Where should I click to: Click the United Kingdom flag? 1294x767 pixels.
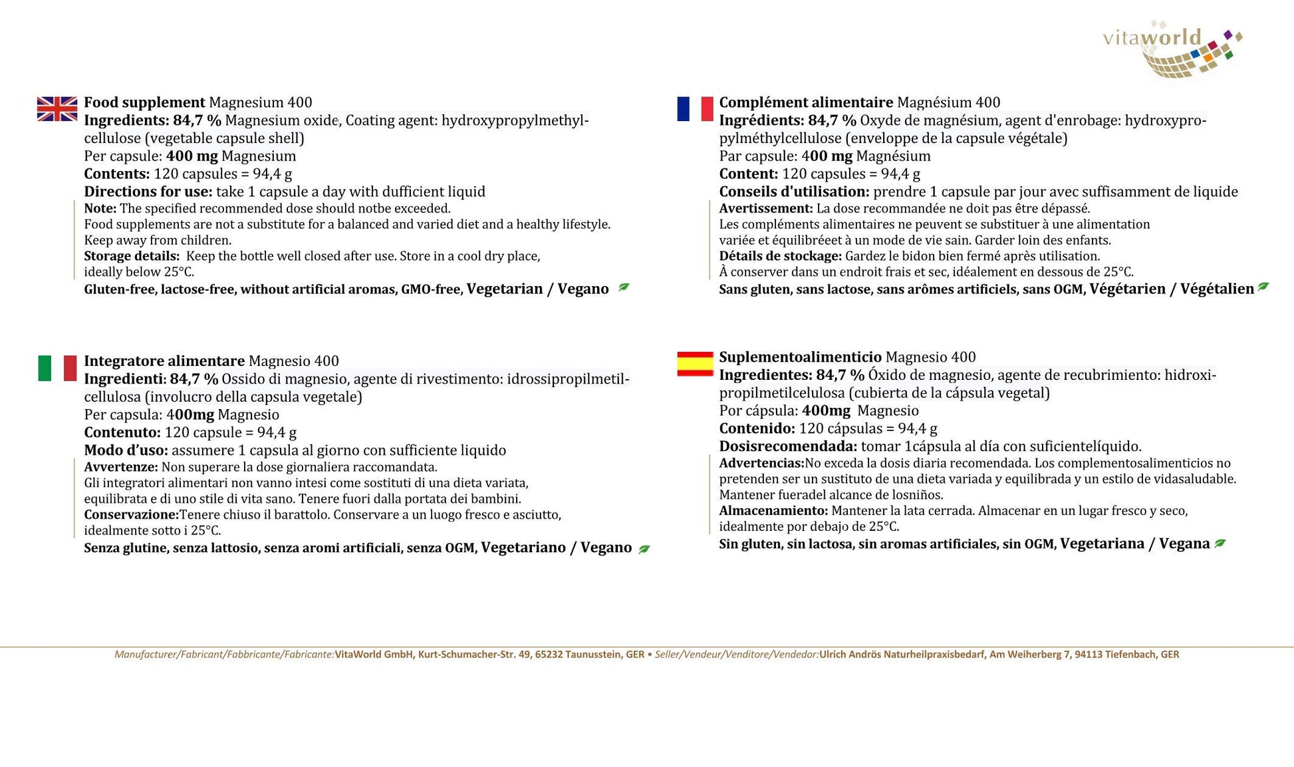tap(57, 108)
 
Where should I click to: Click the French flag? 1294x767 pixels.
tap(695, 108)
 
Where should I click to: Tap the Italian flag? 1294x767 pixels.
tap(57, 368)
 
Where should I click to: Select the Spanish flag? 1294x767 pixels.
tap(695, 364)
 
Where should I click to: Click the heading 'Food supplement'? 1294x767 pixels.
tap(144, 102)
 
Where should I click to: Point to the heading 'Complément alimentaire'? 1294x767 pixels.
tap(805, 102)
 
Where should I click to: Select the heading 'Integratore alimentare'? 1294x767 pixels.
tap(164, 361)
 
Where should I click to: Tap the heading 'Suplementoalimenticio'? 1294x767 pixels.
tap(800, 357)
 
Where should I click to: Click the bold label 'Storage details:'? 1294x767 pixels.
tap(132, 256)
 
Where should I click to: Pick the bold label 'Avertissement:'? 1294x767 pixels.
tap(765, 208)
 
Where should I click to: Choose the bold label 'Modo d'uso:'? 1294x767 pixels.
tap(126, 450)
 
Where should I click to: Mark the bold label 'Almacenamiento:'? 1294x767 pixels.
tap(773, 511)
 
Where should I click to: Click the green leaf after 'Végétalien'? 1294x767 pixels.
tap(1263, 287)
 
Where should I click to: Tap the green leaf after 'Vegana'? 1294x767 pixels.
tap(1220, 543)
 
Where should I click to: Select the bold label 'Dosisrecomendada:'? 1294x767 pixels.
tap(788, 446)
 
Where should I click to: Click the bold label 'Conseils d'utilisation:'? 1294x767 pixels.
tap(794, 192)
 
